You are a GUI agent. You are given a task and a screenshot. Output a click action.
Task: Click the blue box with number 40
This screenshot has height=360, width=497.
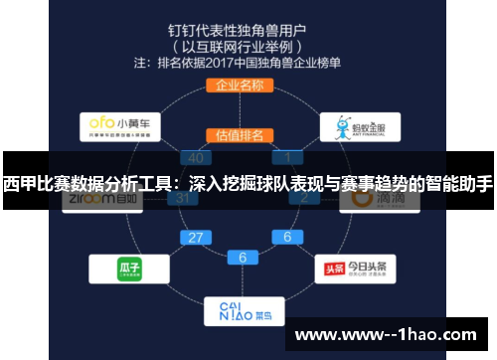coord(196,157)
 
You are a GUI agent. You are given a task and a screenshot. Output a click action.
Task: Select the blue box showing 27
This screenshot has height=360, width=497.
coord(197,238)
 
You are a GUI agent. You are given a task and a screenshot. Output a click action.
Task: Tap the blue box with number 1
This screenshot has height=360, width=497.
coord(288,157)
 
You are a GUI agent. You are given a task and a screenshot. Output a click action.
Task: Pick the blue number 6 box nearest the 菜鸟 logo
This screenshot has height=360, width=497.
coord(243,257)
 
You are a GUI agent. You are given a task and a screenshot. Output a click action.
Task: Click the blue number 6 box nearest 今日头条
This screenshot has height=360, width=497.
coord(287,238)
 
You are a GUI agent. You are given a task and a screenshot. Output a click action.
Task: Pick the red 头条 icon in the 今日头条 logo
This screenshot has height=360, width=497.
coord(336,268)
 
